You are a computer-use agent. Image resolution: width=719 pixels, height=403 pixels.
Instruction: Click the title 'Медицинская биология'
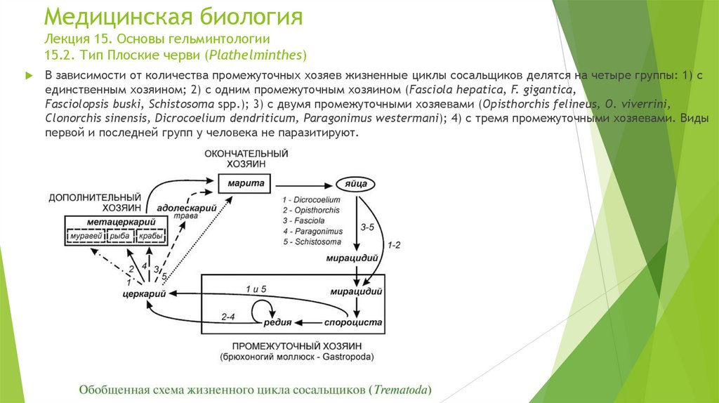[173, 17]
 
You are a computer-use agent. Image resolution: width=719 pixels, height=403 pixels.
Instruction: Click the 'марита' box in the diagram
[245, 184]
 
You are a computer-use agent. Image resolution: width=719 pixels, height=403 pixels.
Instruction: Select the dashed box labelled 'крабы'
[151, 237]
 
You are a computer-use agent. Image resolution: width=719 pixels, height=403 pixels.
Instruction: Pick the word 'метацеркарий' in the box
[116, 222]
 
